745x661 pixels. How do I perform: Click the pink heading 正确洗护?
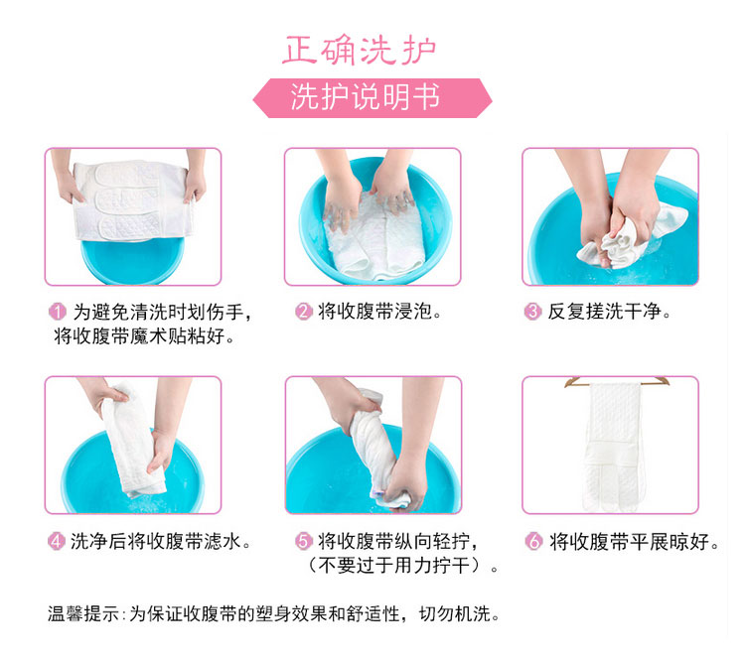click(359, 50)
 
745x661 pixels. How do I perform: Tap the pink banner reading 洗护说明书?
click(372, 98)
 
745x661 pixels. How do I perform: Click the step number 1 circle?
click(57, 312)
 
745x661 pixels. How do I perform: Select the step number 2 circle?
click(304, 312)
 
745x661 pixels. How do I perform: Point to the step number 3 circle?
click(532, 312)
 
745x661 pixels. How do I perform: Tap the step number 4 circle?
click(56, 541)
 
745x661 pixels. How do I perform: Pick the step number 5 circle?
click(304, 541)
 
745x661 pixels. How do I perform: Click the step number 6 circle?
click(533, 541)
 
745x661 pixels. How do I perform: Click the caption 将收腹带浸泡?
click(379, 312)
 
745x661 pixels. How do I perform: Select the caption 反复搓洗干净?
click(609, 312)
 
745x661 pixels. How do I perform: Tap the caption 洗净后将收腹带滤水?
click(160, 541)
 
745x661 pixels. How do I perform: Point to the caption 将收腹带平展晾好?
click(635, 541)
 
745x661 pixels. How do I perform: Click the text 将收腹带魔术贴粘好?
click(144, 336)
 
